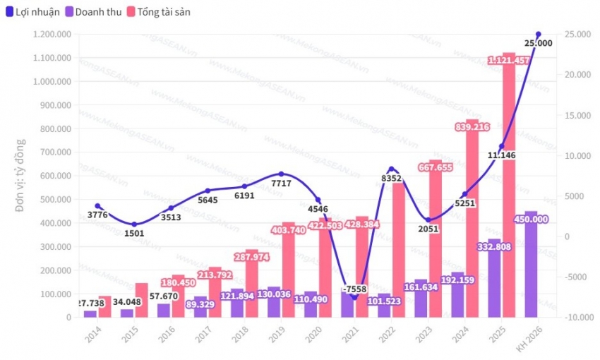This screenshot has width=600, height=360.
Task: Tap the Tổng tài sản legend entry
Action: click(x=162, y=12)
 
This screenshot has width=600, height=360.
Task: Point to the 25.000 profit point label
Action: click(x=538, y=43)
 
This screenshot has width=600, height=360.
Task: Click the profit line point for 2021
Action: click(x=354, y=297)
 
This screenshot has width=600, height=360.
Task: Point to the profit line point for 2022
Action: click(x=391, y=169)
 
